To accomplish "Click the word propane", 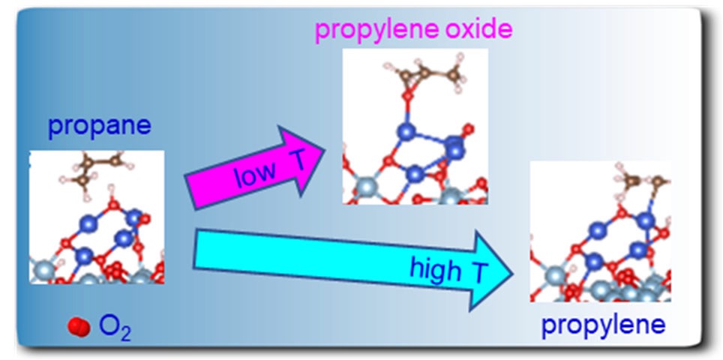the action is (x=100, y=127).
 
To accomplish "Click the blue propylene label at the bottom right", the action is (x=603, y=326).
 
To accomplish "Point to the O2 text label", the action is (x=114, y=328).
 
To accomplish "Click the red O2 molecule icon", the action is (x=79, y=327).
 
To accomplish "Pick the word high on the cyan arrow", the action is (x=430, y=268).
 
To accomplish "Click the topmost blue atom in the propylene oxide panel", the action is (x=406, y=132).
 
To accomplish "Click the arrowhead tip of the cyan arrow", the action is (x=513, y=273).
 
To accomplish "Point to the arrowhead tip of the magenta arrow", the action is (x=325, y=150).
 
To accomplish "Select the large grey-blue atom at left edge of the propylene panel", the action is (x=556, y=277).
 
